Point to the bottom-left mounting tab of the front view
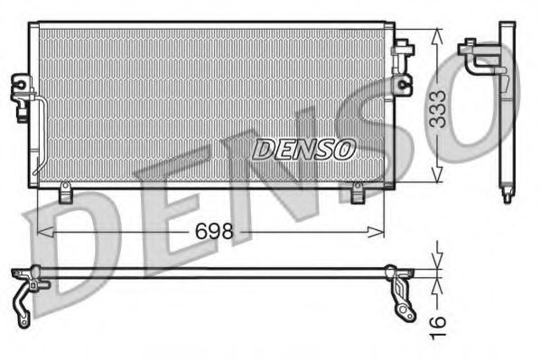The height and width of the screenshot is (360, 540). [65, 192]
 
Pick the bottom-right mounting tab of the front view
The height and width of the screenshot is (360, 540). [357, 191]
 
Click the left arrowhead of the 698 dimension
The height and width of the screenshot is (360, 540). [42, 233]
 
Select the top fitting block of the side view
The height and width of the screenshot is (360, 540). [470, 44]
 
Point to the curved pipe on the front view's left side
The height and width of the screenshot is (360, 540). [35, 135]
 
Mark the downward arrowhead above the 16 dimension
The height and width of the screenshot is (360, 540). [437, 262]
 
